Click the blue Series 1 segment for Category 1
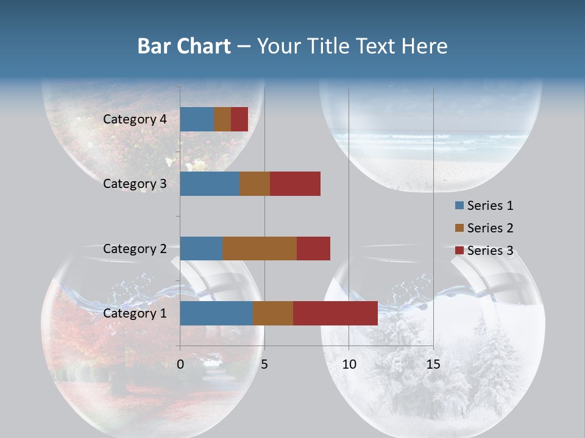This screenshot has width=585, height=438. pos(216,313)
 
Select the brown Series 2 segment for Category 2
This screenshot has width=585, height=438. pos(260,248)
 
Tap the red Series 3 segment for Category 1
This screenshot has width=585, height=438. pos(335,313)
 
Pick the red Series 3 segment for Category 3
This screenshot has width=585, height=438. pos(295,184)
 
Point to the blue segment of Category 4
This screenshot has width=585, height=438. pos(197,119)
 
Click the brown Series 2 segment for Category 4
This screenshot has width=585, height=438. pos(222,119)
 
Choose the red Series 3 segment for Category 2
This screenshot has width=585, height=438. pos(313,248)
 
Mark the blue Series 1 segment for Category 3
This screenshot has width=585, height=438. pos(210,184)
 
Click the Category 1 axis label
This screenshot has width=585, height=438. pos(135,313)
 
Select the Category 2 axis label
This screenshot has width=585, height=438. pos(135,248)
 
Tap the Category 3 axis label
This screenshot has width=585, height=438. pos(135,184)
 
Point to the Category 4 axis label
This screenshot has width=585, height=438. pos(135,119)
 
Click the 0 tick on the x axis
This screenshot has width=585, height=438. pos(180,364)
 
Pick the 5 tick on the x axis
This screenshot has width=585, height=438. pos(264,364)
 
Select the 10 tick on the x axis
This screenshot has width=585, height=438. pos(349,364)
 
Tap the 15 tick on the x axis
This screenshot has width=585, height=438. pos(433,364)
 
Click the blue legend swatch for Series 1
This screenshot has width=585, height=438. pos(459,206)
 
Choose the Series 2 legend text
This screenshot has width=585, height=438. pos(490,228)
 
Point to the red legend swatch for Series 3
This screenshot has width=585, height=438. pos(459,251)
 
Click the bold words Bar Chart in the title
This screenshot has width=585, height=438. pos(184,46)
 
